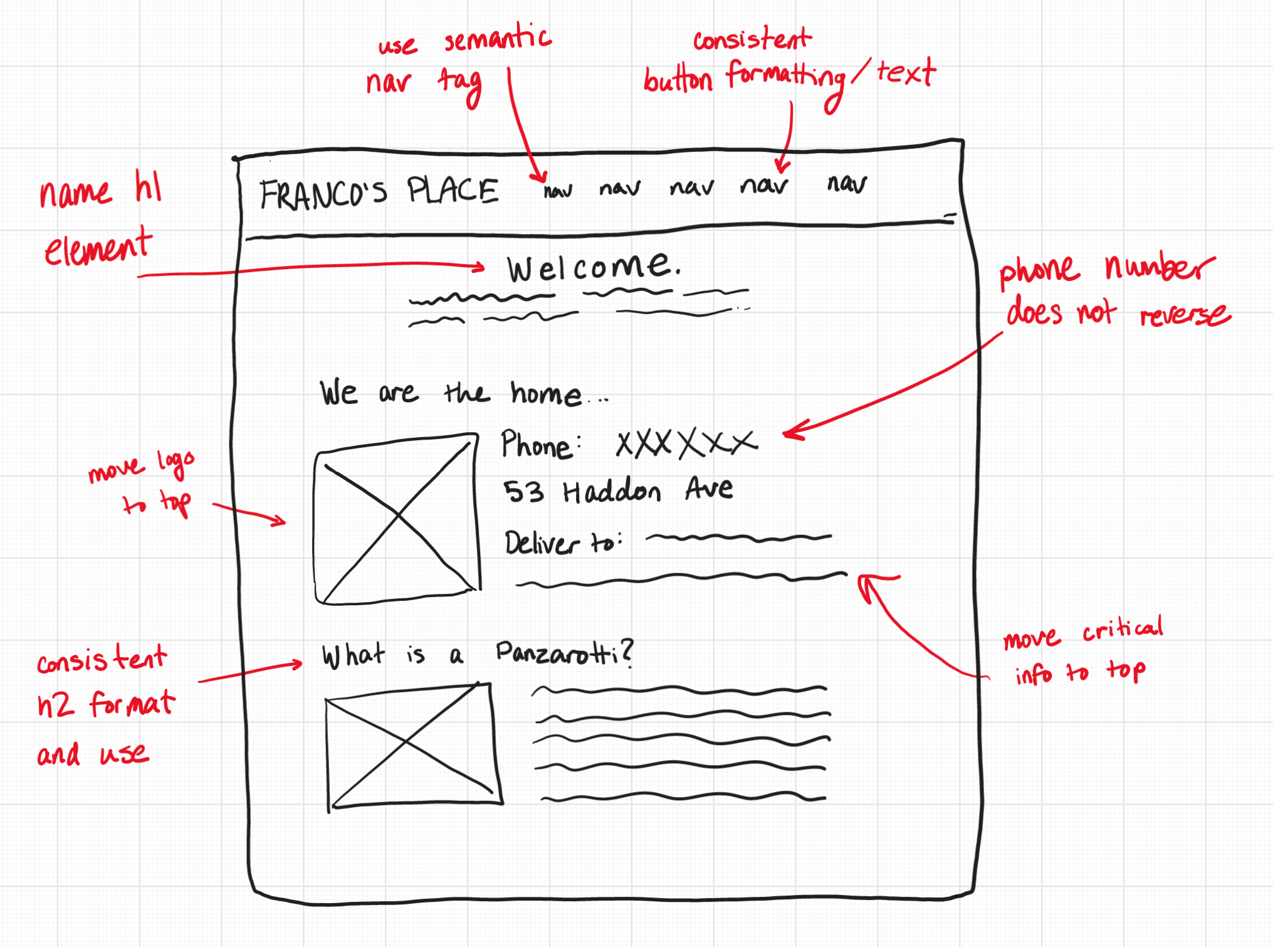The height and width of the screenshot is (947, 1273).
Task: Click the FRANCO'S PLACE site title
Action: pyautogui.click(x=379, y=192)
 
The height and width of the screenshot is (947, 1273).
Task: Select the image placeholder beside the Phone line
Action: pyautogui.click(x=397, y=519)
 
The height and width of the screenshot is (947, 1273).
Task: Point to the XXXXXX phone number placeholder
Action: pyautogui.click(x=686, y=443)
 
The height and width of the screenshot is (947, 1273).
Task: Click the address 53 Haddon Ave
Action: pyautogui.click(x=617, y=490)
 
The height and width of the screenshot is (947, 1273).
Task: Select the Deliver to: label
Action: pyautogui.click(x=563, y=542)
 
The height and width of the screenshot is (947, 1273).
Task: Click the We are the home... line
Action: pyautogui.click(x=463, y=393)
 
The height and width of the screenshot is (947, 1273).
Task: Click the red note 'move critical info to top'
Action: pyautogui.click(x=1083, y=650)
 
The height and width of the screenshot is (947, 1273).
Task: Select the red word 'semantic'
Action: pyautogui.click(x=498, y=40)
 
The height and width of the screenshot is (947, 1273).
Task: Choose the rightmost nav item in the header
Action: pyautogui.click(x=847, y=184)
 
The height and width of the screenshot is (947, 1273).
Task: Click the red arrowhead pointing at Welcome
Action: pyautogui.click(x=479, y=268)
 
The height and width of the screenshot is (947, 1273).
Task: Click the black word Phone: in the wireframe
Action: pyautogui.click(x=540, y=445)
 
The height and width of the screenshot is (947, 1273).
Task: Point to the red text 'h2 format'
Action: pyautogui.click(x=106, y=704)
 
